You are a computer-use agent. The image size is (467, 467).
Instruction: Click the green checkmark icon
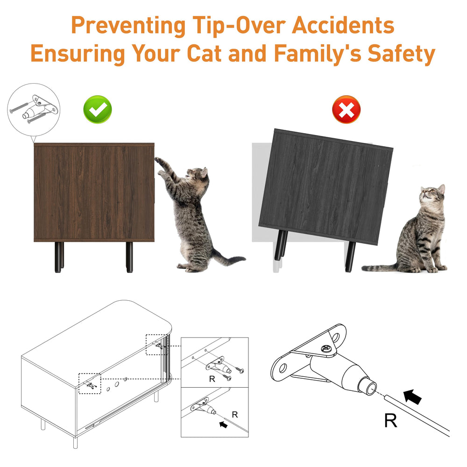[x=97, y=109]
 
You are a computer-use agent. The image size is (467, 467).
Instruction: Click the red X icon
[x=346, y=110]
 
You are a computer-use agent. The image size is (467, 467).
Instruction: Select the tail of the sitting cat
[x=378, y=268]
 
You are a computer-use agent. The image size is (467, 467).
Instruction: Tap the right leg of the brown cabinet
[x=129, y=256]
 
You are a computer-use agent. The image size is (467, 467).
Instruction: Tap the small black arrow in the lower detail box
[x=224, y=425]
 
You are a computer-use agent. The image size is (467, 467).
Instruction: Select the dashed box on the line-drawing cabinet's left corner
[x=90, y=383]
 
